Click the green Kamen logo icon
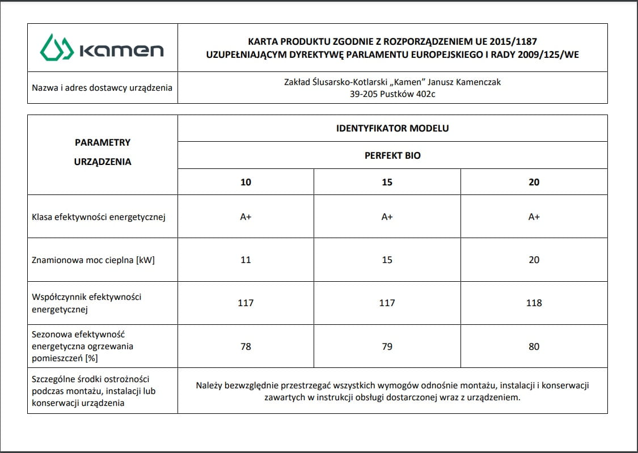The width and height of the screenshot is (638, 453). (57, 48)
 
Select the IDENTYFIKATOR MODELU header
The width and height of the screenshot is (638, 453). (392, 128)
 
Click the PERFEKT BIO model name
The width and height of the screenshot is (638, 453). (392, 155)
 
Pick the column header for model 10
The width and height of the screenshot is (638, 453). (246, 183)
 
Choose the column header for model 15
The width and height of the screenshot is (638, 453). (387, 183)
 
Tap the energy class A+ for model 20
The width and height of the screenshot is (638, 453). (534, 217)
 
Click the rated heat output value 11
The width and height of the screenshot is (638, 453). (246, 260)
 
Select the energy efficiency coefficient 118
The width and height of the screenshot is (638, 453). (534, 303)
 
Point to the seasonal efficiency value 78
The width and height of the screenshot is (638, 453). (246, 346)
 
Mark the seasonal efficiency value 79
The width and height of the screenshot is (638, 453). (387, 346)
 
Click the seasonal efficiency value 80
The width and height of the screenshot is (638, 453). (534, 346)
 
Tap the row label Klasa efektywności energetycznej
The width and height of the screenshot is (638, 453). (99, 217)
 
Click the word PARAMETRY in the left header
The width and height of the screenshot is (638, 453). (103, 143)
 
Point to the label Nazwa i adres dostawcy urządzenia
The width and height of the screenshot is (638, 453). (102, 88)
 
